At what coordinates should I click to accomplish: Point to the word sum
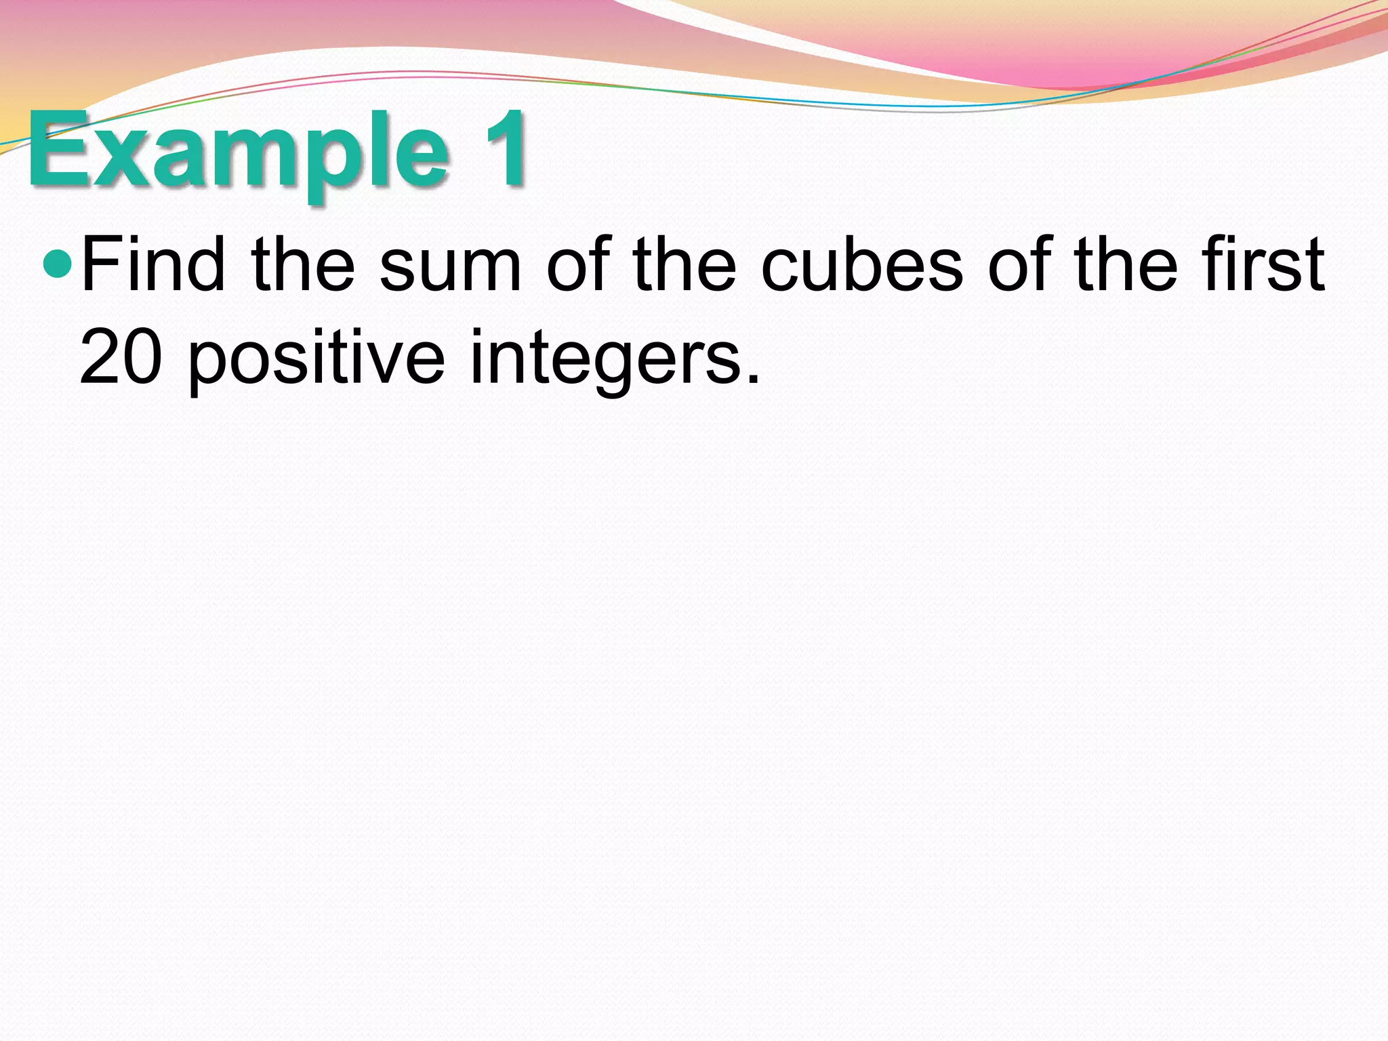pyautogui.click(x=451, y=271)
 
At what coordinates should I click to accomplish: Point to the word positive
pyautogui.click(x=316, y=359)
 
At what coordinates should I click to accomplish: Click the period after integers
pyautogui.click(x=752, y=378)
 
